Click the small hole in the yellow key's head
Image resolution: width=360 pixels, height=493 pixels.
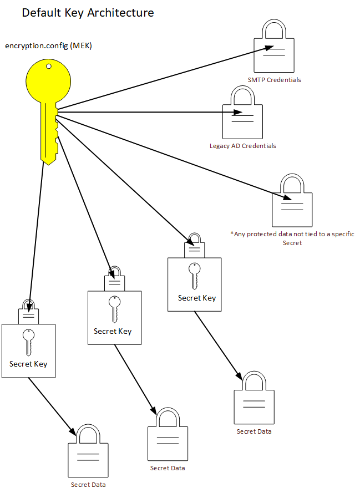[x=49, y=67]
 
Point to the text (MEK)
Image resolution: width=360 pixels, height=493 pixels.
[x=81, y=45]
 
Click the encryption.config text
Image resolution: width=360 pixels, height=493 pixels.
[x=37, y=45]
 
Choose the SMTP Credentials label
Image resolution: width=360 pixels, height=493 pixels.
[x=274, y=80]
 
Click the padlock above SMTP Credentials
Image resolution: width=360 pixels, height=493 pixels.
[x=274, y=53]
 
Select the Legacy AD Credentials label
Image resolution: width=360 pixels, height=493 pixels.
[x=242, y=146]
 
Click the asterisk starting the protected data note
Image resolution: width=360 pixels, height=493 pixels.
[x=232, y=233]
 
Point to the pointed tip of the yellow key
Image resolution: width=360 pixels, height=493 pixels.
[x=49, y=164]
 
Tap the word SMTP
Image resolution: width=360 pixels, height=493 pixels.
[x=256, y=80]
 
